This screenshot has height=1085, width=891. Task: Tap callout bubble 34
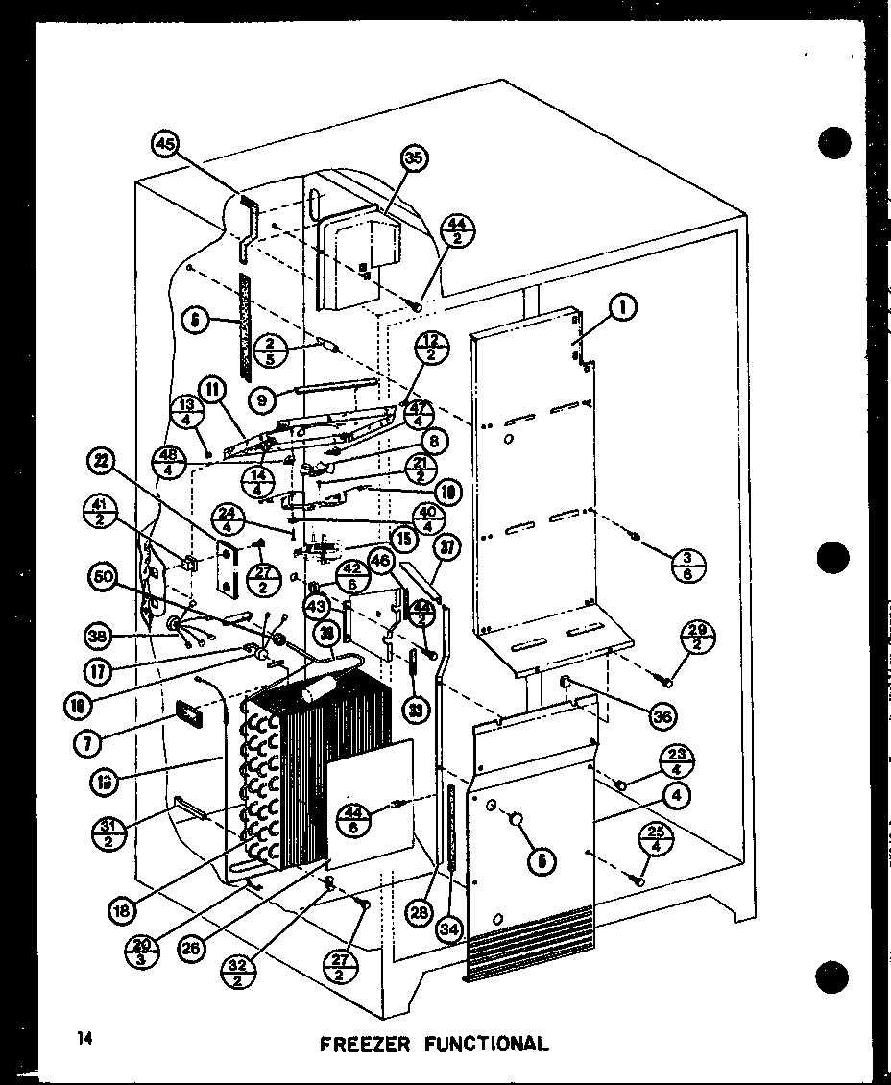click(x=446, y=930)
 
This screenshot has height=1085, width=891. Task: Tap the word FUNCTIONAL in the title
click(x=488, y=1043)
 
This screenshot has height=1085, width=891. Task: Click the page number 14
click(x=86, y=1038)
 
